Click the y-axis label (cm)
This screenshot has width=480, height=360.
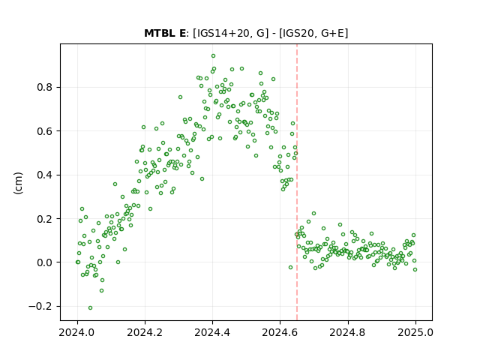click(18, 183)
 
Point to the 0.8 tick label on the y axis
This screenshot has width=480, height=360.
click(45, 87)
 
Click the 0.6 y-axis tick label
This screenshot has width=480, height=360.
click(45, 131)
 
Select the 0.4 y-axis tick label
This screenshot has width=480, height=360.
click(45, 175)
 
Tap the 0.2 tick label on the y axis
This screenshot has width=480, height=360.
click(45, 218)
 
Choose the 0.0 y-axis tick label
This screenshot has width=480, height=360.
click(45, 262)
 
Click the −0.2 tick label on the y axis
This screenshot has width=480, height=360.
click(40, 306)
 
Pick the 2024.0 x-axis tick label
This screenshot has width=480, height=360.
click(77, 332)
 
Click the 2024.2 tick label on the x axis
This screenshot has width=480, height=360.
click(145, 332)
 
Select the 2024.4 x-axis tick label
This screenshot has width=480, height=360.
click(212, 332)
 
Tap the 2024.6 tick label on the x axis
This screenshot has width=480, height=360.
click(280, 332)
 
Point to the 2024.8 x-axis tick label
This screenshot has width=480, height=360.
click(348, 332)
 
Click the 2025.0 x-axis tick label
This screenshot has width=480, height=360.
click(415, 332)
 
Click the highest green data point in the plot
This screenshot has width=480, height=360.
click(213, 56)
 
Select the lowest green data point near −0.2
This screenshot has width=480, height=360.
click(90, 308)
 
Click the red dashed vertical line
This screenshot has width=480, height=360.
click(297, 182)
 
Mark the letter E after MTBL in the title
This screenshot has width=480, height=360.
click(182, 33)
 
